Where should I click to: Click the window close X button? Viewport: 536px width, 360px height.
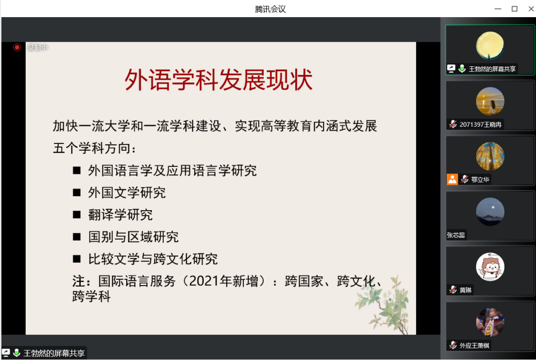tap(531, 9)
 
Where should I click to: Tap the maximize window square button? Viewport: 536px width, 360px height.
tap(515, 9)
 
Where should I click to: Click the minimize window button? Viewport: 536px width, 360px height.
tap(497, 9)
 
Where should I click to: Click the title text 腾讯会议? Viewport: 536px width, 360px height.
tap(270, 9)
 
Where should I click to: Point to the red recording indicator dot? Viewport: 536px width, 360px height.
tap(17, 48)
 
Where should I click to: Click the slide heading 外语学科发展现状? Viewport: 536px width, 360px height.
tap(218, 80)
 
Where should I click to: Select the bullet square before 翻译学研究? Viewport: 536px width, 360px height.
tap(76, 215)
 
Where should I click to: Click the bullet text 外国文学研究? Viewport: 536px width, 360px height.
tap(127, 193)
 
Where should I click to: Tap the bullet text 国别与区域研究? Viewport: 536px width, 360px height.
tap(133, 237)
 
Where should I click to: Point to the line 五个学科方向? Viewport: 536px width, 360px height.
tap(94, 148)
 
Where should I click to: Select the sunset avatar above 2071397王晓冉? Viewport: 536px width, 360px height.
tap(490, 101)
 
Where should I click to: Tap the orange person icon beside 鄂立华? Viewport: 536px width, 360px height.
tap(452, 179)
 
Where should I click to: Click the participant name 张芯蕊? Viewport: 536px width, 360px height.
tap(456, 235)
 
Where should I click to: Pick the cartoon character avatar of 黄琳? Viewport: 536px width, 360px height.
tap(490, 267)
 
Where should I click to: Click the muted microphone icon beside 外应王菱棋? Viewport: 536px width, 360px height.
tap(453, 346)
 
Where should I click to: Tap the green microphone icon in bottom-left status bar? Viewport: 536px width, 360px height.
tap(17, 353)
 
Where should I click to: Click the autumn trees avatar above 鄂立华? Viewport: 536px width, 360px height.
tap(490, 156)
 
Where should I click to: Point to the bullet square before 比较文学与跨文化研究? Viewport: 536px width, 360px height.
tap(76, 259)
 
